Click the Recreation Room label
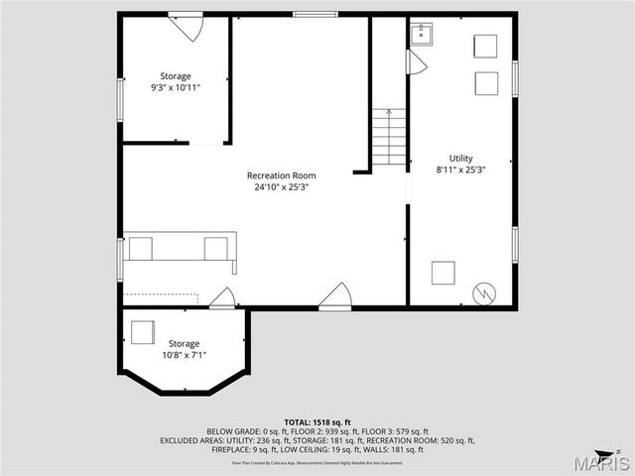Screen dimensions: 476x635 point(275,176)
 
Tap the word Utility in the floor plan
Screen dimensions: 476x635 point(460,158)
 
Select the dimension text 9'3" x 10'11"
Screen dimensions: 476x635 point(177,87)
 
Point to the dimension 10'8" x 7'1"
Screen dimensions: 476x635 point(183,354)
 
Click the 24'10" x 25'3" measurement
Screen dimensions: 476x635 point(275,186)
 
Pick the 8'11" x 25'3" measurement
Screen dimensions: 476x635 point(460,169)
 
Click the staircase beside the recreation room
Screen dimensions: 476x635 point(389,137)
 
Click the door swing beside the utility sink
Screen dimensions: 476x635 point(415,62)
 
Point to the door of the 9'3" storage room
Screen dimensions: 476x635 point(187,25)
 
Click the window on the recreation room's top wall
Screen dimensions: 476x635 point(314,14)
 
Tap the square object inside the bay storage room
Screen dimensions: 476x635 point(143,332)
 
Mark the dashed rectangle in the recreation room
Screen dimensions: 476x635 point(161,297)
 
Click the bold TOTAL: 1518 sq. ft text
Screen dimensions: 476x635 point(317,421)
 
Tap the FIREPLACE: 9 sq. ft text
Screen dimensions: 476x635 point(247,449)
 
